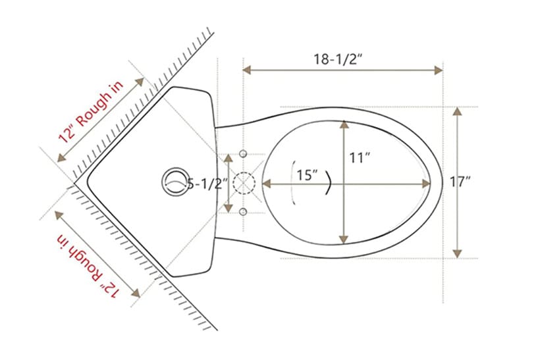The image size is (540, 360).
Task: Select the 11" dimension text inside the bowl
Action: click(360, 158)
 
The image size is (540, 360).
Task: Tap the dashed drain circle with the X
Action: click(244, 182)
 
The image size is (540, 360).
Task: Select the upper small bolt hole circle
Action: click(243, 153)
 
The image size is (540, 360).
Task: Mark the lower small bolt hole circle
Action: click(243, 211)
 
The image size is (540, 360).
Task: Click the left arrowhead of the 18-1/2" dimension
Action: click(248, 69)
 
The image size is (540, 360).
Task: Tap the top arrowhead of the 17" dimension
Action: click(458, 111)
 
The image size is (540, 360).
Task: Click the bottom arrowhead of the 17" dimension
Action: click(458, 253)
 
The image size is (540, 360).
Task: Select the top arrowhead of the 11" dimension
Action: click(343, 124)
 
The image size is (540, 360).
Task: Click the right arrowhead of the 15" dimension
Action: click(427, 184)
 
